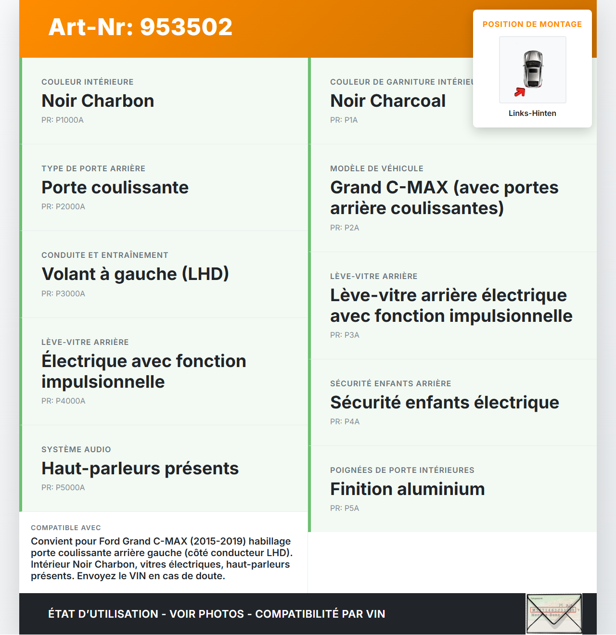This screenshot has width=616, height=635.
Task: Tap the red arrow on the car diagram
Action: point(520,92)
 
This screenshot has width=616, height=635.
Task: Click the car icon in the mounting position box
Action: point(533,69)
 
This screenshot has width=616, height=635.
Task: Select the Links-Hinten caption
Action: point(532,114)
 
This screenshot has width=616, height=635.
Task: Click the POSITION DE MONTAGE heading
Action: point(532,25)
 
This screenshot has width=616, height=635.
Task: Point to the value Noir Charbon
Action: point(98,101)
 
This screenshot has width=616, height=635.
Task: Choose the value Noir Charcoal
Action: point(388,101)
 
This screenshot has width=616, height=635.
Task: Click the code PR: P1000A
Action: point(63,120)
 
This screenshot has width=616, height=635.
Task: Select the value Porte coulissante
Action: point(115,188)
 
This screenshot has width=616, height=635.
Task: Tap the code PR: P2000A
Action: point(63,207)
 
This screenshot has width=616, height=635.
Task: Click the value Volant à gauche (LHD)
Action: point(135,274)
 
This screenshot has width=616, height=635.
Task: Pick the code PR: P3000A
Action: point(63,294)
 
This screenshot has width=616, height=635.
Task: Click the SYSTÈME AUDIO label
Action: point(76,450)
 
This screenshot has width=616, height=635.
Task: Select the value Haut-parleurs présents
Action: point(140,469)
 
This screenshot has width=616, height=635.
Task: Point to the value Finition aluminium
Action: point(407,489)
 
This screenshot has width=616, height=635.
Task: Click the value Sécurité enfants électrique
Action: point(445,403)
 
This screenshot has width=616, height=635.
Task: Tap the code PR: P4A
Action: point(345,422)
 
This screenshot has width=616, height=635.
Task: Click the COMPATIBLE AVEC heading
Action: point(66,528)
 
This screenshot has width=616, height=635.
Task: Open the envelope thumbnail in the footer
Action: point(554,614)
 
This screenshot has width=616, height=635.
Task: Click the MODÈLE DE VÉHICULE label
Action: point(377,169)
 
